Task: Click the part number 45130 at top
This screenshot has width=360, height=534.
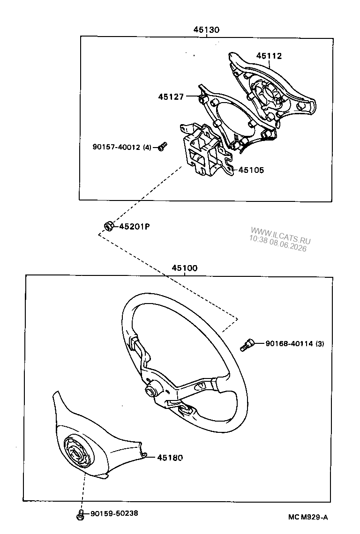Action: point(207,30)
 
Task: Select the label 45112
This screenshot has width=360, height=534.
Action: point(269,56)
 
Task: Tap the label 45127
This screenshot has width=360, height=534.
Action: point(171,96)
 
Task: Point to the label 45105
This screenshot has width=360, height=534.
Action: point(251,170)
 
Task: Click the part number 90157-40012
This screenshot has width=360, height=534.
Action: point(116,147)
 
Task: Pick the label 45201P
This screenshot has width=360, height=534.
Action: point(135,226)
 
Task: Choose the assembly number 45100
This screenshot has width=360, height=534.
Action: point(184,268)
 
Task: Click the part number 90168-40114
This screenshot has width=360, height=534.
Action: point(289,344)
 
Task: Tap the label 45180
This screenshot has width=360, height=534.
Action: point(170,458)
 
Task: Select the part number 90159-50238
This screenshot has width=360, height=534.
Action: point(114,513)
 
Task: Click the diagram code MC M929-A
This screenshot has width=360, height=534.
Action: point(308,517)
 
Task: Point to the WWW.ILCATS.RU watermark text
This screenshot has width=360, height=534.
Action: point(281,235)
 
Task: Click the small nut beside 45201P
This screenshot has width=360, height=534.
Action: point(108,226)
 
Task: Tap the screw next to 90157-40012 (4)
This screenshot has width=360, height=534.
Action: point(163,147)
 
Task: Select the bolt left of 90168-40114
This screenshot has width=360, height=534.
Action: point(247,345)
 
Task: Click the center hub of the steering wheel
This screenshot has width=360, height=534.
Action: point(150,391)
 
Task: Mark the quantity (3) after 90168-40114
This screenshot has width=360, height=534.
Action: point(320,344)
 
